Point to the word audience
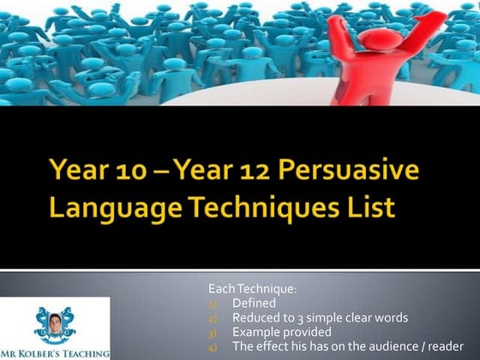coord(382,346)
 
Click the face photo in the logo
coord(55,321)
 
